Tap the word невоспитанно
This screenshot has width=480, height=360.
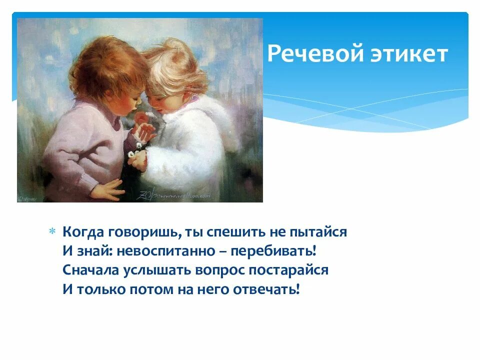click(169, 251)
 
